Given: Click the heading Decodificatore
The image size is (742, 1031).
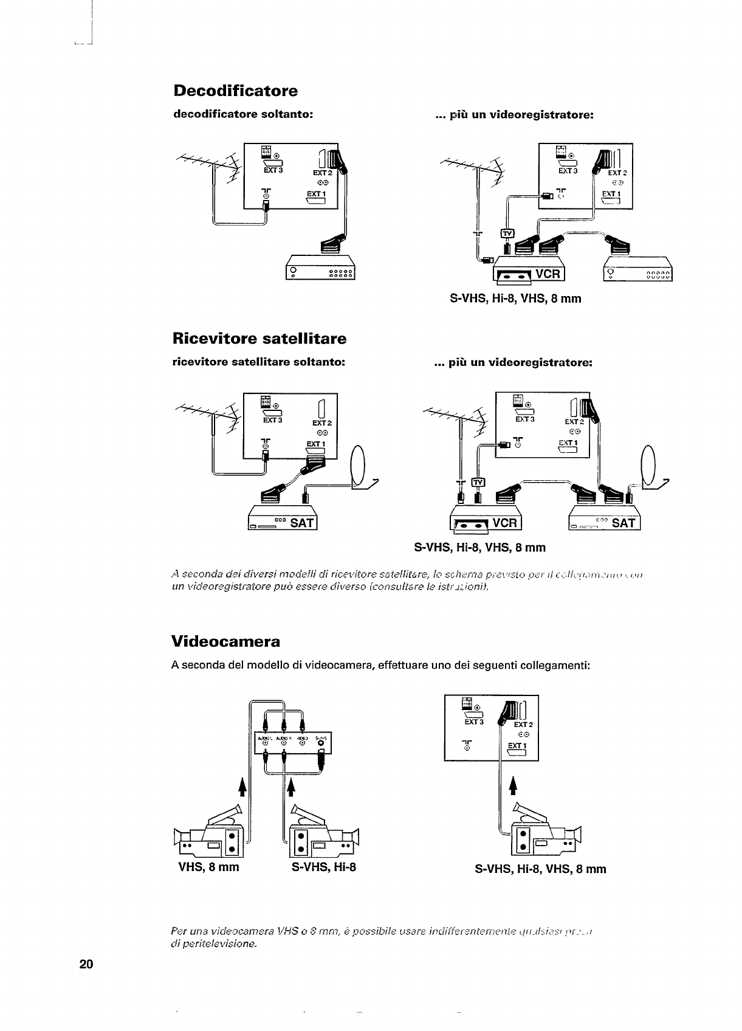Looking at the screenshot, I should point(236,91).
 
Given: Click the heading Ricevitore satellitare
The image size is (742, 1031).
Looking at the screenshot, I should point(259,338).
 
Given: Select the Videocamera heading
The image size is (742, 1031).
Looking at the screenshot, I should point(226,642).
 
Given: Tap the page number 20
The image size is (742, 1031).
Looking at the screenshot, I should point(86,964).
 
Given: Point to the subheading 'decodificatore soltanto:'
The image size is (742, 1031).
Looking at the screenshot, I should point(243,114).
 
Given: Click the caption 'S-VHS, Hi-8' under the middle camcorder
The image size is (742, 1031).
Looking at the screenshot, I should point(323,867).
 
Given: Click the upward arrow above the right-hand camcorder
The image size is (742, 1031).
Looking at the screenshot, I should point(512,787).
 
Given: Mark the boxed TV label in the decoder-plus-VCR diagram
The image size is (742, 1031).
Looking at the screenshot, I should point(507,233).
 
